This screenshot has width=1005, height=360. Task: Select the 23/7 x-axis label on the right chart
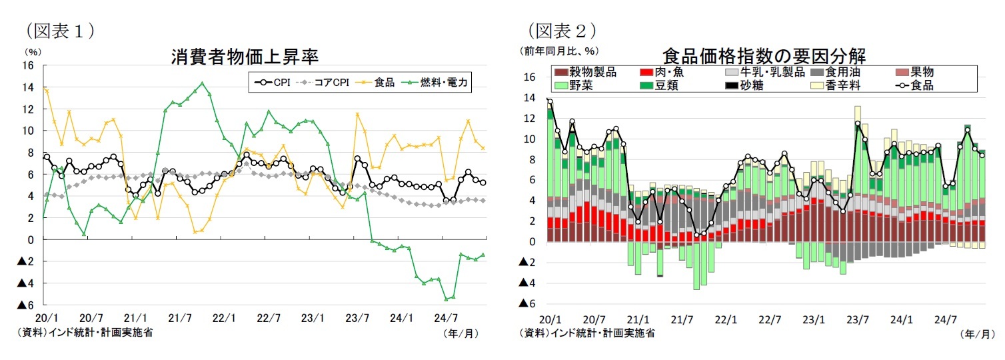pos(858,319)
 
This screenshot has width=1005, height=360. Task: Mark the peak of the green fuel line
pos(202,83)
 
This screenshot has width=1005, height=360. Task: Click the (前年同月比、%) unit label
pos(559,51)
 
